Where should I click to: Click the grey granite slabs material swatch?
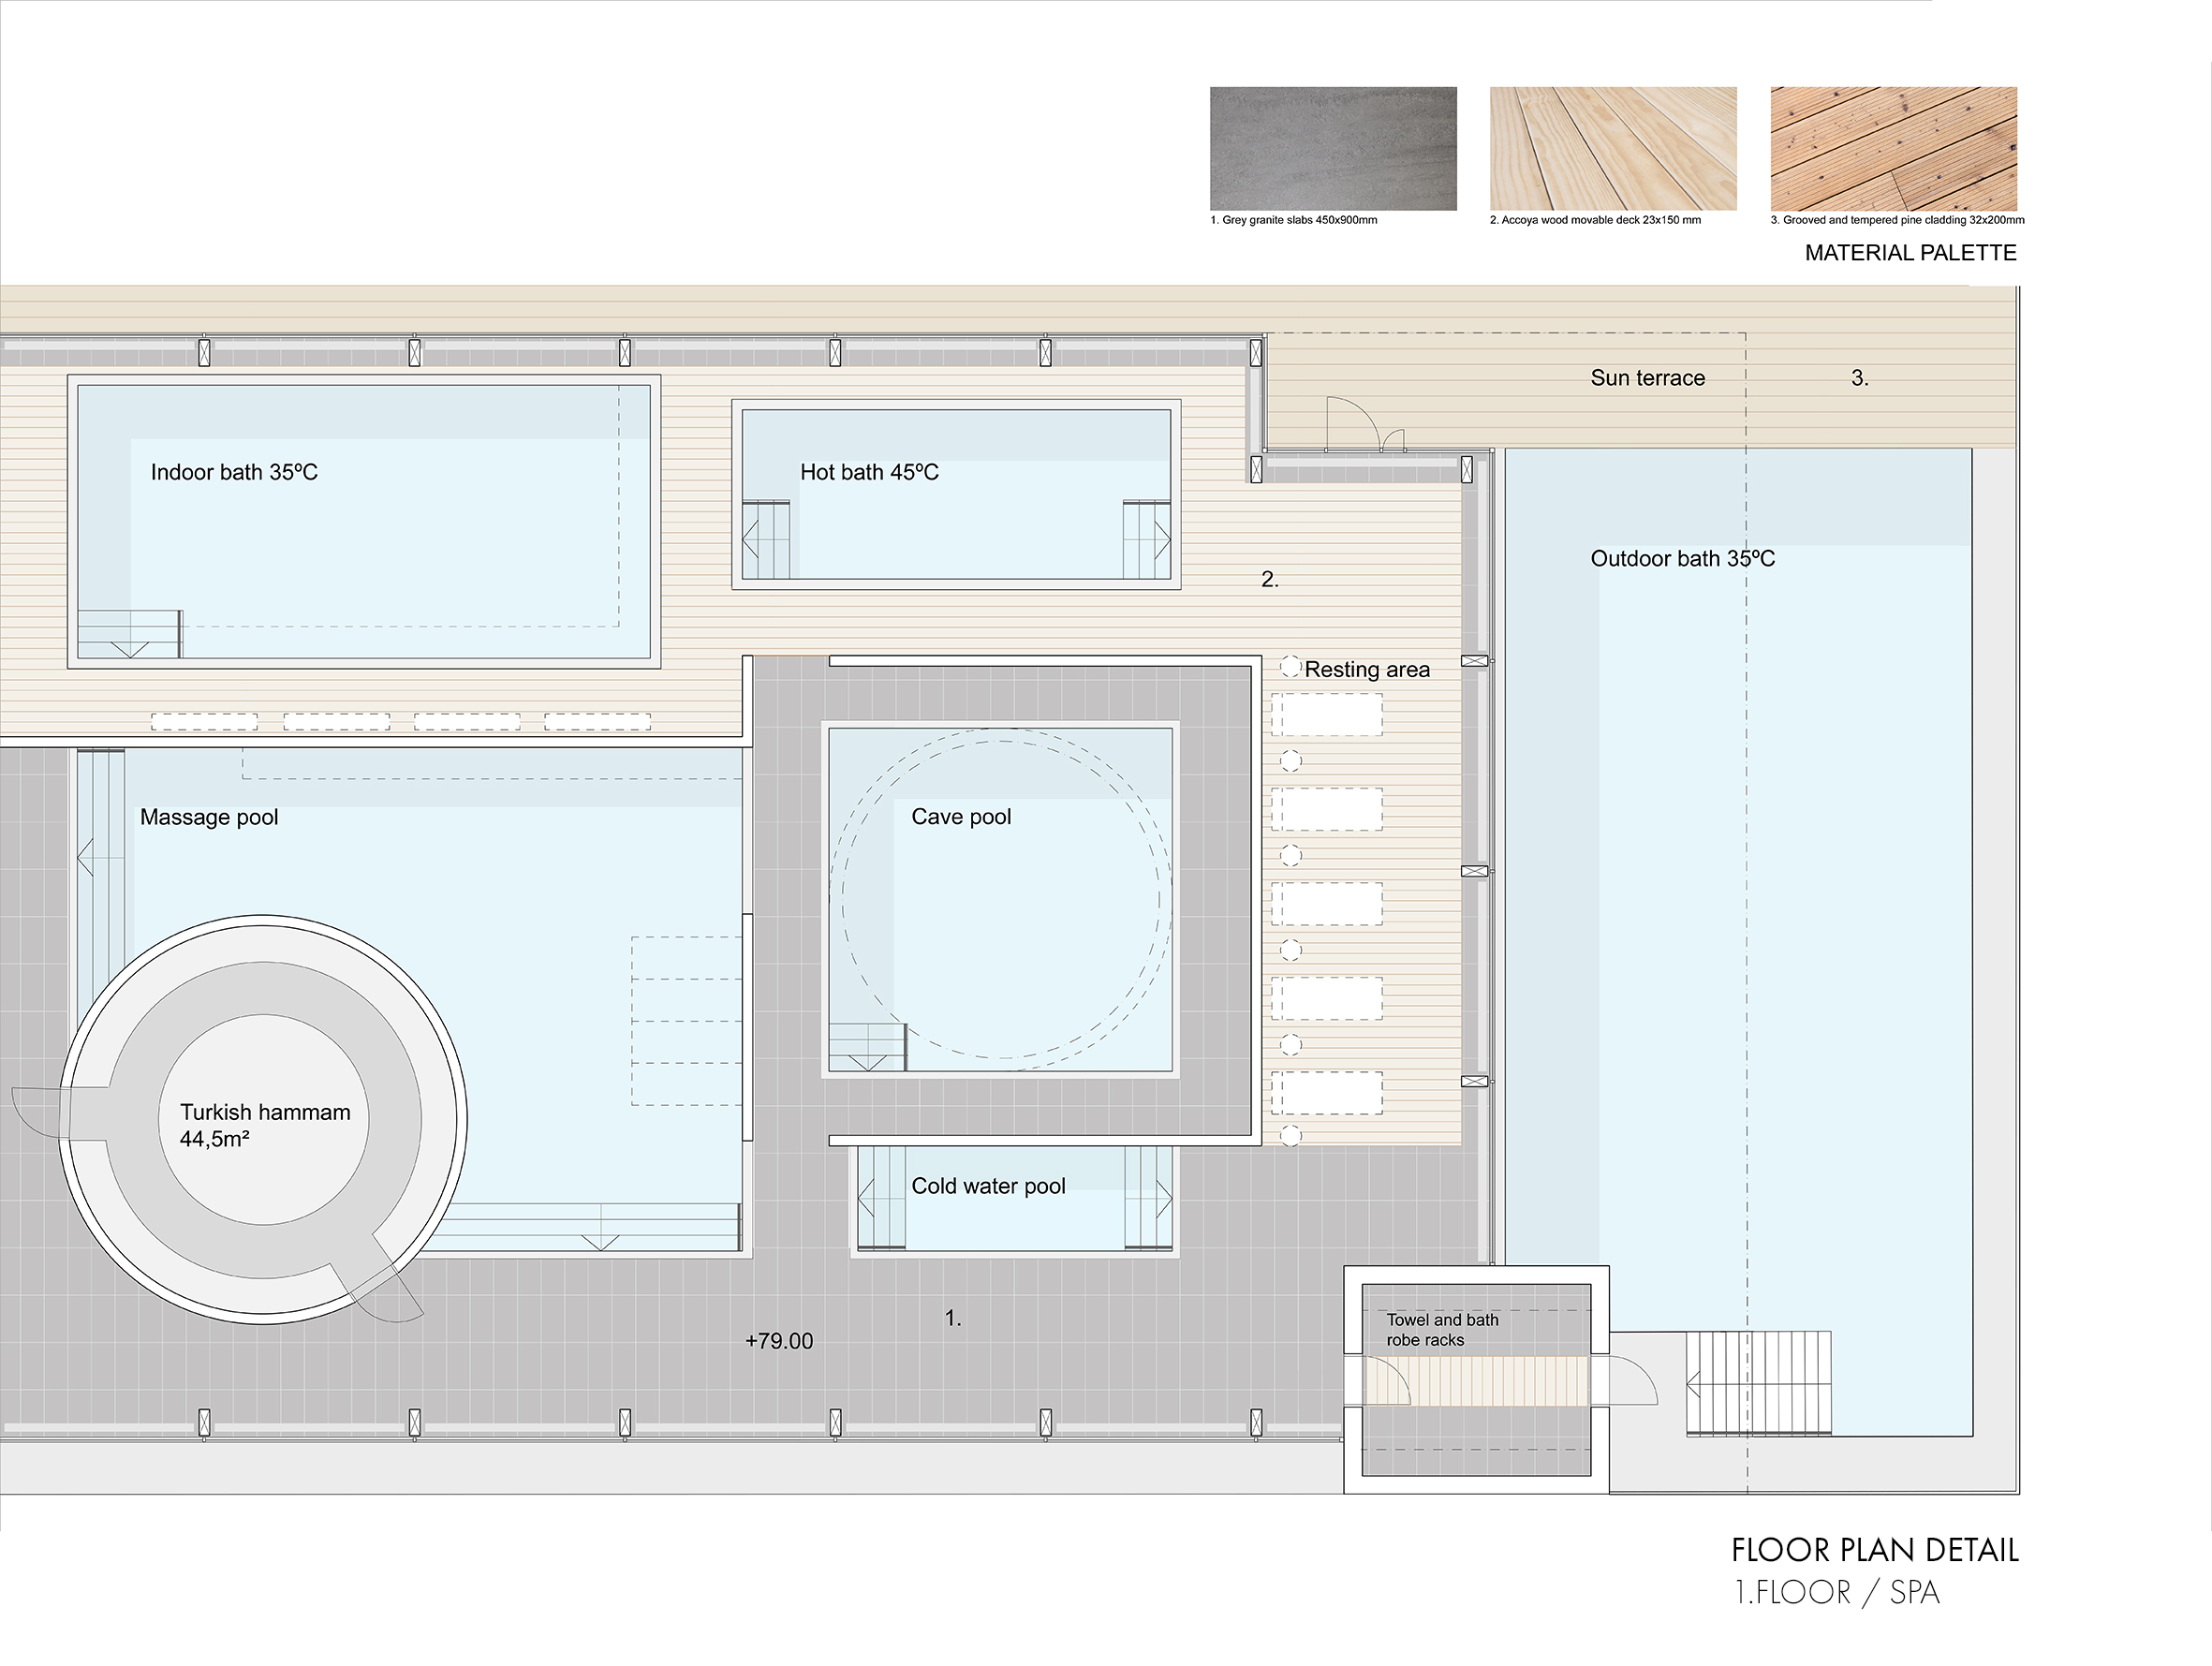1333,148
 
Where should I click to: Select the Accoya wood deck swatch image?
1613,148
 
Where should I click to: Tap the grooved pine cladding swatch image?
1894,148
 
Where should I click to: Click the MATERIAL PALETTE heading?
1910,253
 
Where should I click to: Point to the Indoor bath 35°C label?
234,472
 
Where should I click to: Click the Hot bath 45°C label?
869,472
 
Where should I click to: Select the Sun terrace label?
1648,378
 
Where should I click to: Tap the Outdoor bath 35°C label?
1683,559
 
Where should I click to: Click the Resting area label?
1367,670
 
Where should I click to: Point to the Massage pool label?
209,817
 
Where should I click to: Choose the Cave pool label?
961,817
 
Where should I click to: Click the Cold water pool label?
988,1186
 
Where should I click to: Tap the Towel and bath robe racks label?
1442,1330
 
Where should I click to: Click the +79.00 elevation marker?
779,1341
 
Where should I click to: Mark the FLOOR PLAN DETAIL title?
1875,1550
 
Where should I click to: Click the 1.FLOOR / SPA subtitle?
1837,1592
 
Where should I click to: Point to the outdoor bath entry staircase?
1759,1383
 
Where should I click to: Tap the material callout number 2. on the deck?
1270,579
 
